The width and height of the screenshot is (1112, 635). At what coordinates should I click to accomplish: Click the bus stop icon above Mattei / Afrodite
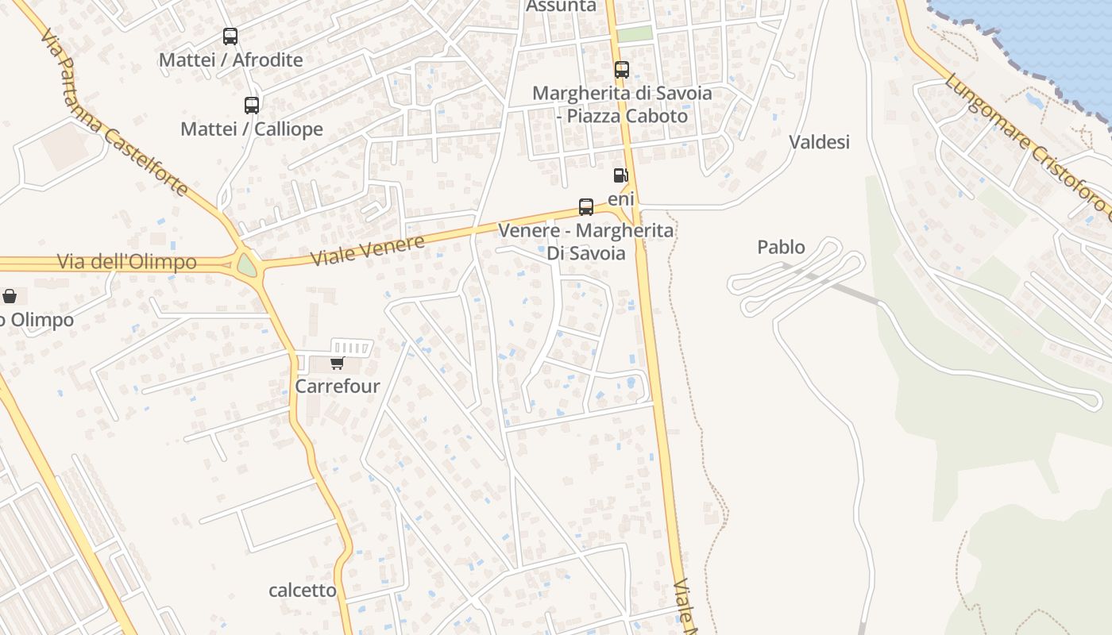click(230, 36)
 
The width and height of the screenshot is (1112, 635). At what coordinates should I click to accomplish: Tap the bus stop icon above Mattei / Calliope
click(251, 105)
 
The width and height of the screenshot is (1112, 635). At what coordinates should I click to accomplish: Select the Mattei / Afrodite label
click(231, 60)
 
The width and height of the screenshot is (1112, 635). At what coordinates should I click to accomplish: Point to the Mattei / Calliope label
click(252, 129)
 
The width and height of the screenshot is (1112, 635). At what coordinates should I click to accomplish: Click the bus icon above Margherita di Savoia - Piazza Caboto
click(621, 70)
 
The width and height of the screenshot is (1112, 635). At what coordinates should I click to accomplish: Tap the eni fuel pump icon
click(620, 175)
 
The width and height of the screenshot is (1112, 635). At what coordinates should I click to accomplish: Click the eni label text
click(621, 198)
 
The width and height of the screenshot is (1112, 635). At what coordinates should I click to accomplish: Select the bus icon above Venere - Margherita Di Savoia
click(586, 207)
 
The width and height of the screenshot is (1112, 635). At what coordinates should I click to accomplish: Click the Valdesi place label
click(819, 142)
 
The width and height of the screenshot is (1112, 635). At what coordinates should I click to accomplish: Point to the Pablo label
click(781, 247)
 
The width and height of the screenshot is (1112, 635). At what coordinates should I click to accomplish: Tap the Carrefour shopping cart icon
click(337, 364)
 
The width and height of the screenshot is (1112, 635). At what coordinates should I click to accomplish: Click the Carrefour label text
click(338, 387)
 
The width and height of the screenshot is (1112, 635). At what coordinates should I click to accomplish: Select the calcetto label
click(303, 591)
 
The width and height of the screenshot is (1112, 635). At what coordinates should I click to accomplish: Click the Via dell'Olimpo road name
click(127, 262)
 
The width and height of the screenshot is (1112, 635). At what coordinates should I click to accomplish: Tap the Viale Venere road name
click(367, 249)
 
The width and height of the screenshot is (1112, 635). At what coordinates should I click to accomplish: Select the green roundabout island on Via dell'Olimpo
click(247, 264)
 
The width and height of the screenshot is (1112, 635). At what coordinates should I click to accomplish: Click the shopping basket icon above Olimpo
click(10, 296)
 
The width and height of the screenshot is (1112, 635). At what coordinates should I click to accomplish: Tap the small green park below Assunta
click(635, 34)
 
